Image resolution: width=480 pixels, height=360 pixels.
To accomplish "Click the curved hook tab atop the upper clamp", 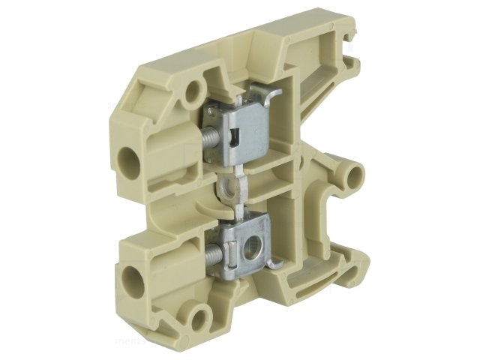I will [x=268, y=94].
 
